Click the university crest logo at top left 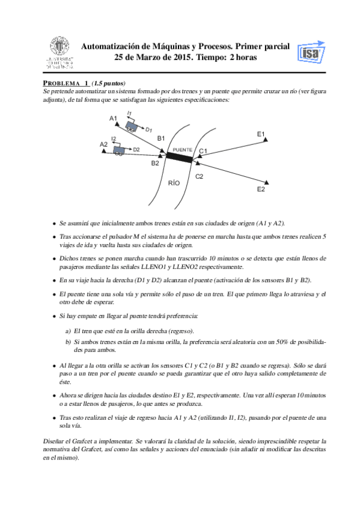click(59, 52)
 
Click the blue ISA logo click(311, 52)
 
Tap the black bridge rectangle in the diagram click(179, 158)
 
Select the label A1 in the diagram click(113, 118)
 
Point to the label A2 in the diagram click(103, 144)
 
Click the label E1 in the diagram click(261, 134)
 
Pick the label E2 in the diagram click(261, 189)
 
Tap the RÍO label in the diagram click(174, 183)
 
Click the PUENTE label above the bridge click(183, 150)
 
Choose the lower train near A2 click(118, 150)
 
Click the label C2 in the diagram click(199, 176)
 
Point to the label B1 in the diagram click(161, 138)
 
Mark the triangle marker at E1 click(266, 139)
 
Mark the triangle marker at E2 click(267, 182)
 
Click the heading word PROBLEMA click(61, 83)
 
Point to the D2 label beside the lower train click(136, 149)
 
